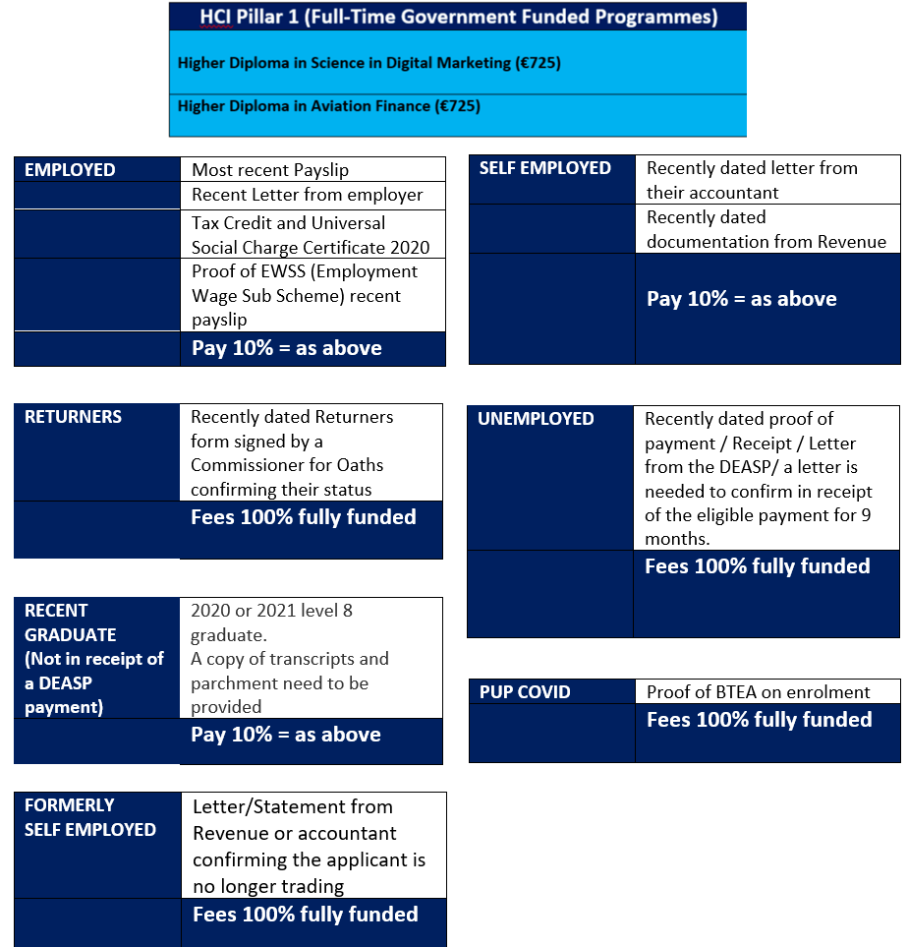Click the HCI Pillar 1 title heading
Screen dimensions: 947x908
[458, 17]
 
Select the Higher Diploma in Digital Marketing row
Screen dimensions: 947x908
[369, 63]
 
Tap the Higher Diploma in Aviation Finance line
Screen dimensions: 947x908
[328, 105]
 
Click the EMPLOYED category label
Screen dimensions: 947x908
[70, 170]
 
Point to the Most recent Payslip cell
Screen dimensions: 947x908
[270, 170]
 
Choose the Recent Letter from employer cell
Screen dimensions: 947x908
[307, 195]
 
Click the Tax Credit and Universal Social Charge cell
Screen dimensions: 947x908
[311, 235]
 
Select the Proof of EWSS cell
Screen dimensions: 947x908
[305, 295]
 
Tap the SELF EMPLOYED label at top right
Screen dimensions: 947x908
[545, 168]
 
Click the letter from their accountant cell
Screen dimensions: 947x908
[752, 180]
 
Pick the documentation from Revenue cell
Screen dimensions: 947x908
[766, 229]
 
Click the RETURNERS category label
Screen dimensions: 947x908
[74, 417]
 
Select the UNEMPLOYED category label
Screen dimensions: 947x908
[536, 419]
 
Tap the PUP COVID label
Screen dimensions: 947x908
[525, 692]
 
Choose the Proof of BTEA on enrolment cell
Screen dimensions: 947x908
[759, 692]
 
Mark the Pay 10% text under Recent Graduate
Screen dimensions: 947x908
[286, 735]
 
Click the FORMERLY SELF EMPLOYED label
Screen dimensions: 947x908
[89, 817]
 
